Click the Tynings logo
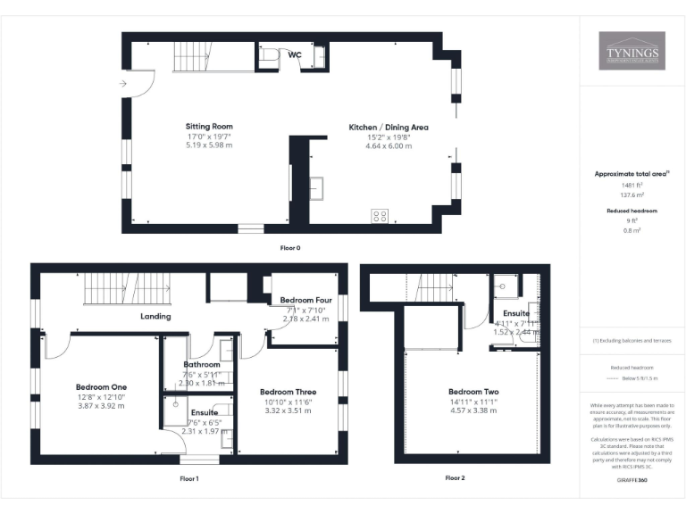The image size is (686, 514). [631, 51]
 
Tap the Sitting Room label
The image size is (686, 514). [209, 126]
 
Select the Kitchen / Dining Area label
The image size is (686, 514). [388, 128]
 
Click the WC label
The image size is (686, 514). [294, 54]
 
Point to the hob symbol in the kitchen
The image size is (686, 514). [380, 215]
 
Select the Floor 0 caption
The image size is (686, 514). [290, 247]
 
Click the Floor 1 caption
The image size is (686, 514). [188, 479]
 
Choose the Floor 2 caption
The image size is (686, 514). [455, 478]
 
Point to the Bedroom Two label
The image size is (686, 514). [473, 392]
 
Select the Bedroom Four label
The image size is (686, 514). [305, 300]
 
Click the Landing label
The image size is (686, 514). [155, 316]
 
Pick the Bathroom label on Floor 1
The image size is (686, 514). [201, 364]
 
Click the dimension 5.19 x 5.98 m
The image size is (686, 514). [209, 145]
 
